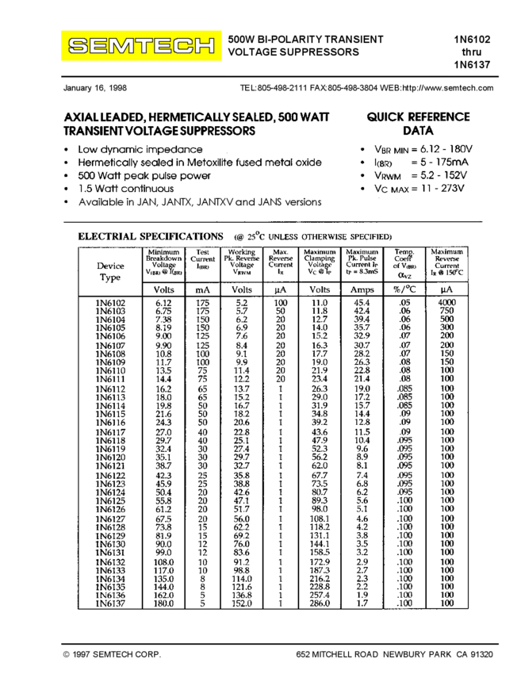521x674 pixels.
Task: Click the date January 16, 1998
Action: (94, 89)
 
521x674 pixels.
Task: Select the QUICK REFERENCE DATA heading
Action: (418, 124)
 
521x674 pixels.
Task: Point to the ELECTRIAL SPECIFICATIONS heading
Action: (150, 236)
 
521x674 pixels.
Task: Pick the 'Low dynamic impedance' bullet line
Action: (140, 149)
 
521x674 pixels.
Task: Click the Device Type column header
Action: (110, 272)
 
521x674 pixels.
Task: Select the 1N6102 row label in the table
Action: (110, 304)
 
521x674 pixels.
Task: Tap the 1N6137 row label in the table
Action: (110, 604)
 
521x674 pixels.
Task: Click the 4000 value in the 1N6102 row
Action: (447, 304)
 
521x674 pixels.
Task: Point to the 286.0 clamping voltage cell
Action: (320, 604)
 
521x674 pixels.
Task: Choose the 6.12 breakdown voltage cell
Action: (164, 304)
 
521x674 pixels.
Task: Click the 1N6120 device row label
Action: (110, 458)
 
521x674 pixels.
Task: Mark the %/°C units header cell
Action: (404, 290)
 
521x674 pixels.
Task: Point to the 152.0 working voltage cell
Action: (242, 604)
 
